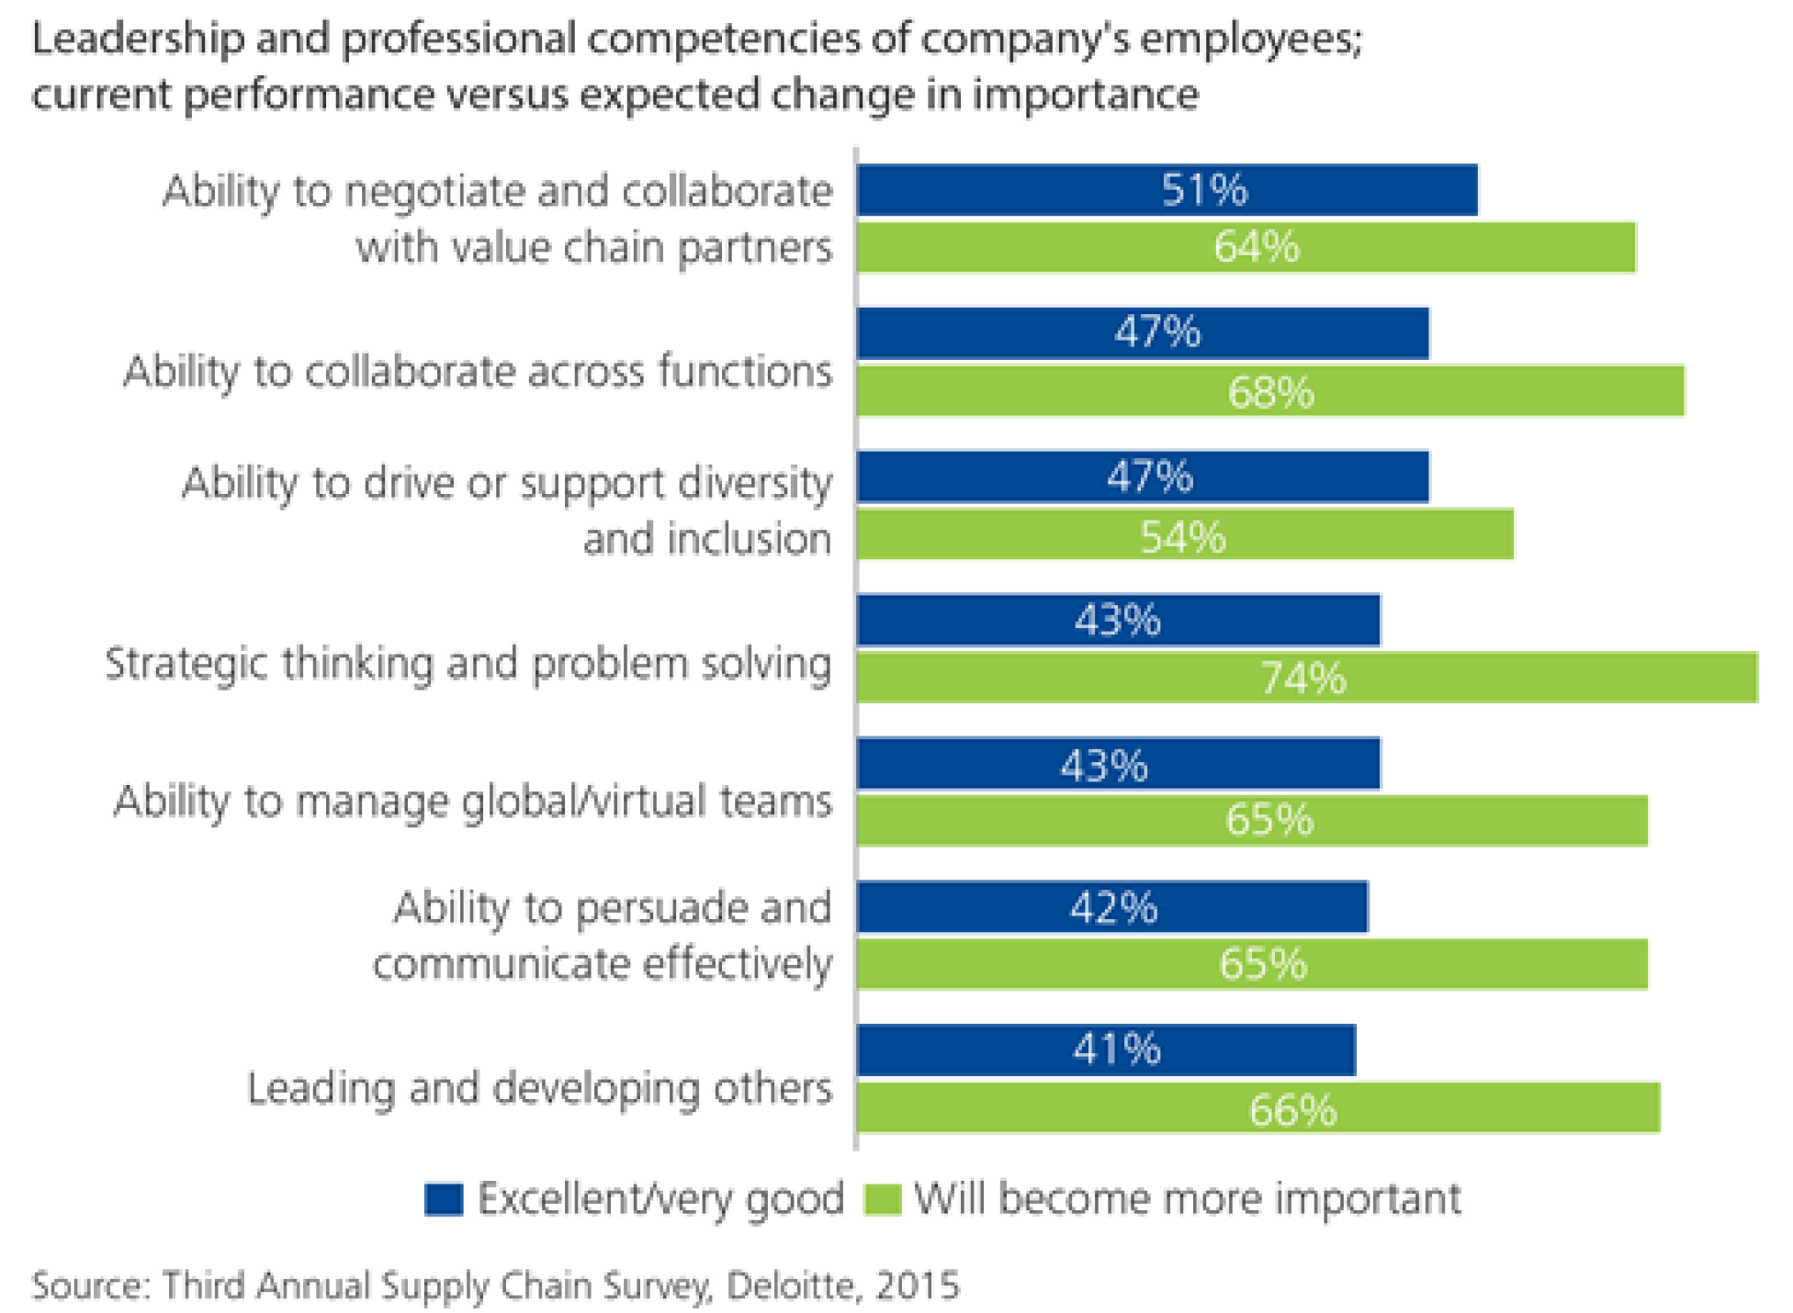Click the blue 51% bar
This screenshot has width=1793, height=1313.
tap(1167, 190)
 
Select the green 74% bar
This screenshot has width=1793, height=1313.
tap(1306, 678)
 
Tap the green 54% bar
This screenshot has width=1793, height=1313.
tap(1185, 534)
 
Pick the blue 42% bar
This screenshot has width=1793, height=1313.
tap(1111, 906)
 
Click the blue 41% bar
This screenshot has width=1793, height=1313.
tap(1106, 1049)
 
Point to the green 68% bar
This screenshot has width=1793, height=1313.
tap(1270, 391)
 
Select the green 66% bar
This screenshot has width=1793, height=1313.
tap(1257, 1108)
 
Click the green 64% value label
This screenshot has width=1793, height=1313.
tap(1256, 247)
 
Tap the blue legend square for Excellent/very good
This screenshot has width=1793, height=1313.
tap(444, 1199)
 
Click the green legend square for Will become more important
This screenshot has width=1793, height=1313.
tap(883, 1199)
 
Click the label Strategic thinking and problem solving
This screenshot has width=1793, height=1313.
tap(468, 663)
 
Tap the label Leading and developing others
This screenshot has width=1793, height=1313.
tap(539, 1089)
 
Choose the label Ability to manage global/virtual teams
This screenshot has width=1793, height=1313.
tap(473, 801)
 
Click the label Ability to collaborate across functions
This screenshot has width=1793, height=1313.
tap(478, 372)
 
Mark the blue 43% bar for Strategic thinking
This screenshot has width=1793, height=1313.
tap(1118, 621)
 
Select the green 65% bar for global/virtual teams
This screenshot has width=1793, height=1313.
tap(1251, 819)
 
